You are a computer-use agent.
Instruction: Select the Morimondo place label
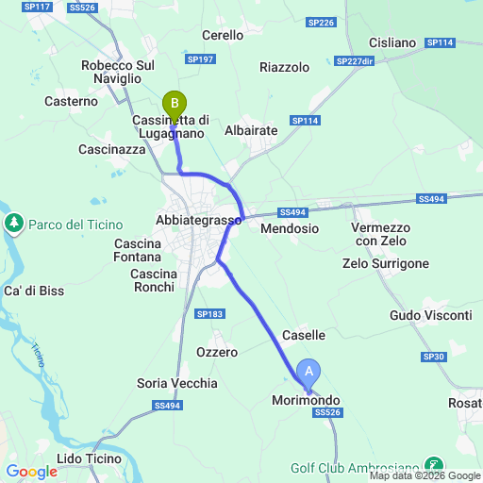(x=306, y=401)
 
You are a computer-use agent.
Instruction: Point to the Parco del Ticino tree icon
(x=14, y=224)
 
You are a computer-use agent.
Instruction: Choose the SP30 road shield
(x=434, y=357)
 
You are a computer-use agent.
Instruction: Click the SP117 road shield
(x=39, y=8)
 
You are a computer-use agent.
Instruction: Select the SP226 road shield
(x=321, y=22)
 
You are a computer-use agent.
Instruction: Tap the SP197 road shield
(x=202, y=58)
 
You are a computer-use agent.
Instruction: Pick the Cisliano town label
(x=391, y=42)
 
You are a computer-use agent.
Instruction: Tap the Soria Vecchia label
(x=177, y=383)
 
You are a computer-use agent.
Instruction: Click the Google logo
(x=31, y=471)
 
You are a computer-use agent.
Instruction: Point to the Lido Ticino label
(x=89, y=458)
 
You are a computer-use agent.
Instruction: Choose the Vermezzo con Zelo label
(x=380, y=235)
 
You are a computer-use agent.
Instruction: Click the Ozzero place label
(x=217, y=351)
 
